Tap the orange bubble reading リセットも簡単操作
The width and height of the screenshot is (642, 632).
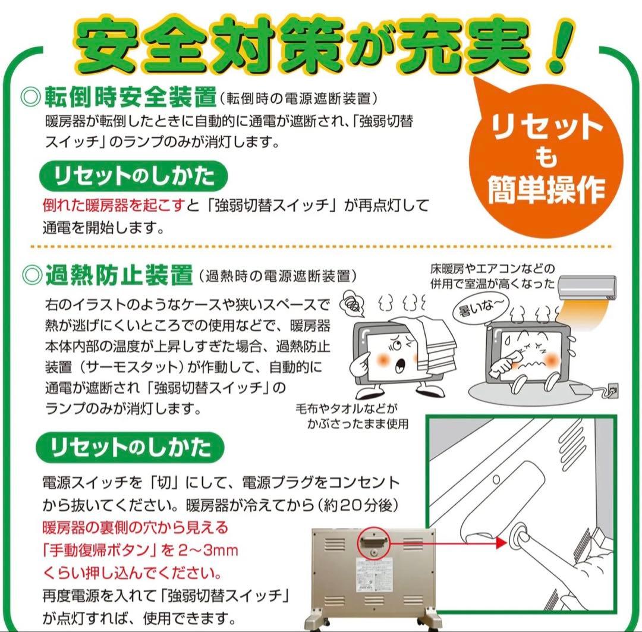pos(546,158)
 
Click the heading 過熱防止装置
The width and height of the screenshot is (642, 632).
pos(118,275)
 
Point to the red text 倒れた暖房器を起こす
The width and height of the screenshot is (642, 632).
pos(114,206)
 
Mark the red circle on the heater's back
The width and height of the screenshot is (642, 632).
pos(373,542)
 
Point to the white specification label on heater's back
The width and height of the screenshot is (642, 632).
pos(372,574)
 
